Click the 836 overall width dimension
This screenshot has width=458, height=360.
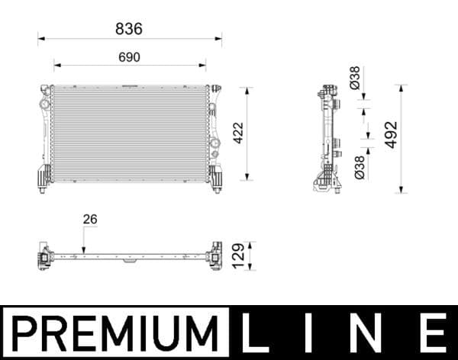click(x=129, y=28)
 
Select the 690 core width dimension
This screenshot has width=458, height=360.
click(x=129, y=57)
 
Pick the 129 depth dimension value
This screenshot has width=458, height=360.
click(x=238, y=256)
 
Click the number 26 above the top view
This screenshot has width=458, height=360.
click(x=90, y=220)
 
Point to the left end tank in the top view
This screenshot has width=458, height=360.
click(x=44, y=257)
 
